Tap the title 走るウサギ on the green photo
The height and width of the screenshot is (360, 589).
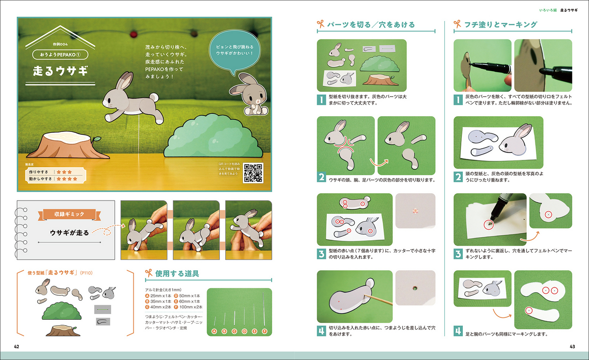coord(60,70)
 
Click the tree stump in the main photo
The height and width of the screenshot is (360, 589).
coord(70,146)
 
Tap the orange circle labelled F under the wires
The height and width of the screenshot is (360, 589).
coord(265,332)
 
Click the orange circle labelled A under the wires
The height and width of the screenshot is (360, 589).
coord(214,332)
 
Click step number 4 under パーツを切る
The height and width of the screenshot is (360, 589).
coord(321,331)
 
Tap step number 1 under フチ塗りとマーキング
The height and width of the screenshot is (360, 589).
coord(457,100)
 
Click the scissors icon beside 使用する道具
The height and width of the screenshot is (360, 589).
coord(148,273)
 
